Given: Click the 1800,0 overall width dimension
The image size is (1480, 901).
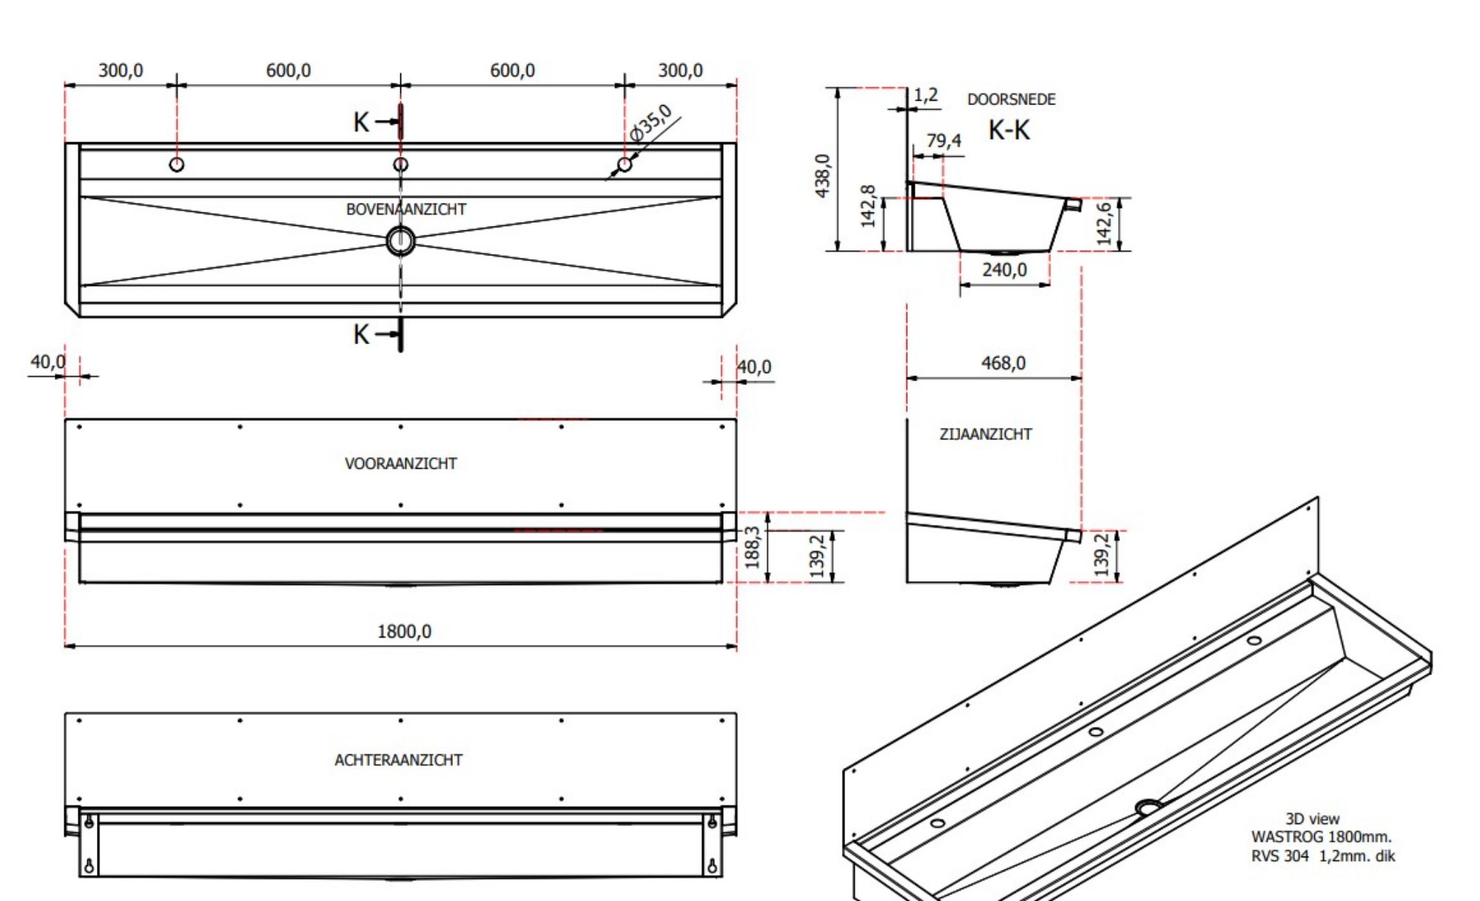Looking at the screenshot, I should click(x=404, y=632).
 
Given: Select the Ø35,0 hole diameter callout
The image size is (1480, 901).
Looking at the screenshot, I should click(x=651, y=123).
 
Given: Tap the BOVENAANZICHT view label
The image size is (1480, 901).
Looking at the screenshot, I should click(x=406, y=210).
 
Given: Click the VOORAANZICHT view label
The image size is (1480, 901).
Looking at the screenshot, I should click(x=400, y=463).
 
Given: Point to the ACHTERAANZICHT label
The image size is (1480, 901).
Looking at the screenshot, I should click(x=398, y=760).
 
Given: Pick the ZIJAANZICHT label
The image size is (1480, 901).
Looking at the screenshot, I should click(x=985, y=435).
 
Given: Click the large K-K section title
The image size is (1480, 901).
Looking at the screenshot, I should click(x=1009, y=130).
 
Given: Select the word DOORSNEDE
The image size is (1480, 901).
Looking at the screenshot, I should click(x=1011, y=99).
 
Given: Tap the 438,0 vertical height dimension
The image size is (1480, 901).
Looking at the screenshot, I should click(x=823, y=175).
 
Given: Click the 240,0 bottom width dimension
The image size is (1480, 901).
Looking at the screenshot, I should click(x=1004, y=269).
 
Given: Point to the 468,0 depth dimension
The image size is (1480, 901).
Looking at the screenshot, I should click(x=1003, y=363).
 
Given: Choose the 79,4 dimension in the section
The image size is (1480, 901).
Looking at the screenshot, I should click(x=943, y=140).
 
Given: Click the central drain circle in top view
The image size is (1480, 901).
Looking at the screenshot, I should click(x=400, y=241).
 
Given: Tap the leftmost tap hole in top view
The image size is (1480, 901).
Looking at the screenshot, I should click(x=176, y=164).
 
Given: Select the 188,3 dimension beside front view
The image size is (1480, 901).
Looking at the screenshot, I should click(x=752, y=547).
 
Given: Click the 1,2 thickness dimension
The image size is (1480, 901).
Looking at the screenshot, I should click(x=925, y=95).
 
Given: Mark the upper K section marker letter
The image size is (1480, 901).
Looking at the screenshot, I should click(x=360, y=122).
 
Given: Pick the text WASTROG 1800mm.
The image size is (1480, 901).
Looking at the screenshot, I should click(x=1321, y=837).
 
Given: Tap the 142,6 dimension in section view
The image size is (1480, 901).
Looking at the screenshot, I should click(x=1104, y=223).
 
